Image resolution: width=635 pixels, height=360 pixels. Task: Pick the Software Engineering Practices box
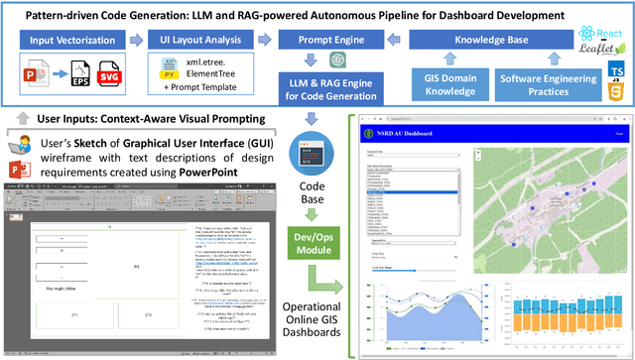pos(548,85)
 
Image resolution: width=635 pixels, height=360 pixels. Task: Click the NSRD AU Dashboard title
pos(403,132)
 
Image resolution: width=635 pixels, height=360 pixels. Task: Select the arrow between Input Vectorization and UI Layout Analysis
pos(137,42)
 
